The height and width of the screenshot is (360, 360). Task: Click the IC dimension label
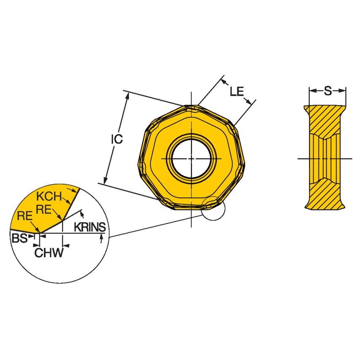click(x=117, y=139)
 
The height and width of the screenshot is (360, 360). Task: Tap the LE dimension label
click(x=238, y=91)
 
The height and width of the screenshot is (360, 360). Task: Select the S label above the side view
click(x=328, y=90)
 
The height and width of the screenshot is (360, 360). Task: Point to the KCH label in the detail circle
click(x=48, y=196)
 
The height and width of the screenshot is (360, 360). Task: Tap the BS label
click(x=19, y=239)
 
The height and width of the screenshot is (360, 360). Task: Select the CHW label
click(x=49, y=253)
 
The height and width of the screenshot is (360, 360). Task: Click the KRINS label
click(x=90, y=227)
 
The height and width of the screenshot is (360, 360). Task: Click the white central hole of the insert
click(x=191, y=159)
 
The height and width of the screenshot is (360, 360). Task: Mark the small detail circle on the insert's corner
click(x=213, y=208)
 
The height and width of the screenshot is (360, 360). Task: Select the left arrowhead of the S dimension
click(x=312, y=90)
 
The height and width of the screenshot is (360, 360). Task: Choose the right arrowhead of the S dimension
click(x=343, y=90)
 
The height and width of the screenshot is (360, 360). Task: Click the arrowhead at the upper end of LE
click(x=225, y=81)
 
